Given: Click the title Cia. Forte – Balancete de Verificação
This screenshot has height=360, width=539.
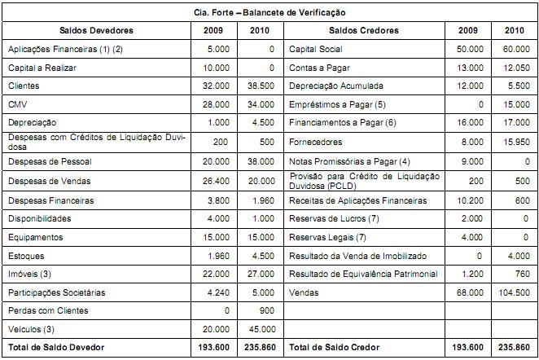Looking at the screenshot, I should click(269, 13).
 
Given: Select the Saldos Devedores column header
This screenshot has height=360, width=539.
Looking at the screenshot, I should click(97, 31).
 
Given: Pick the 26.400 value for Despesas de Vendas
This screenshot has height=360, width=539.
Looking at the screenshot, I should click(216, 181).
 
